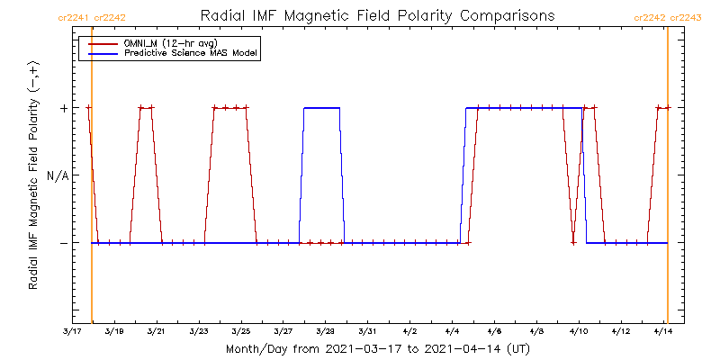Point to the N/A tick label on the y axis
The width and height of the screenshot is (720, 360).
tap(58, 175)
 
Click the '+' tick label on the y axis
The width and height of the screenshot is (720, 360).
tap(63, 108)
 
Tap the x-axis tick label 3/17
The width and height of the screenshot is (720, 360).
tap(71, 331)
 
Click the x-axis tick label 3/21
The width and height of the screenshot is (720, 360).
tap(156, 331)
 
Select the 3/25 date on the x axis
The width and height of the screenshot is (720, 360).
tap(240, 331)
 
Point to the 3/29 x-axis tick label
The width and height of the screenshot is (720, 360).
tap(325, 331)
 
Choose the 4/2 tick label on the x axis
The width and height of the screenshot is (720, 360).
tap(410, 331)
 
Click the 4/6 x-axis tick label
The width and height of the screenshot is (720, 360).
tap(495, 331)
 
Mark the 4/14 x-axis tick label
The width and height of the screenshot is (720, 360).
tap(662, 331)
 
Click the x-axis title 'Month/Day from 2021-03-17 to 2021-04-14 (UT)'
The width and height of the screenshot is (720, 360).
tap(377, 348)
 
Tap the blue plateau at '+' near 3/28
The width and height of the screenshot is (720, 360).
tap(321, 108)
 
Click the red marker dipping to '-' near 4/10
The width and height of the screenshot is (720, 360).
tap(573, 242)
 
